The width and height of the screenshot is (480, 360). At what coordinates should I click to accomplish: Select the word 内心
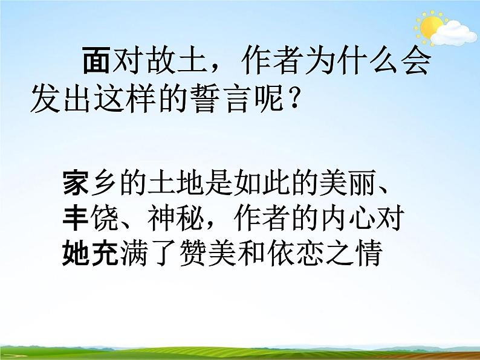[x=347, y=217]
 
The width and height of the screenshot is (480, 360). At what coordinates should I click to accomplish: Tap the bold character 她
[x=75, y=254]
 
